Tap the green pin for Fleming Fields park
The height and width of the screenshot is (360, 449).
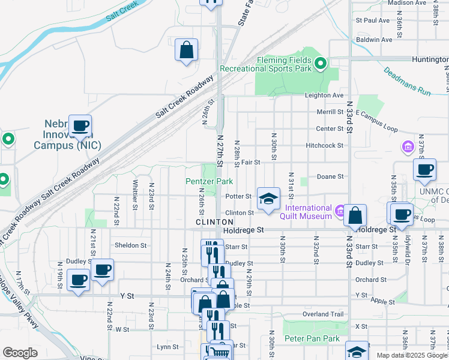tap(321, 62)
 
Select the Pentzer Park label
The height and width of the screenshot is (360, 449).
tap(208, 181)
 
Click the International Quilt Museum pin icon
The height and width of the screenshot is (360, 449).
tap(340, 211)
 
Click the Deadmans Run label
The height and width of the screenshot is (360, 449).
tap(408, 82)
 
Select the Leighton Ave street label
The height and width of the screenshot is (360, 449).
tap(324, 95)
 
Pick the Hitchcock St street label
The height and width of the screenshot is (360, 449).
tap(324, 145)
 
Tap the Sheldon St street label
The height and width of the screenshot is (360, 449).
tap(131, 245)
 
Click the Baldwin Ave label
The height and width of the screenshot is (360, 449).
tap(374, 40)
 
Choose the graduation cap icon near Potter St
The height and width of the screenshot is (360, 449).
tap(268, 199)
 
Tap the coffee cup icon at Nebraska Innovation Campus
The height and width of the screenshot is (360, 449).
tap(80, 126)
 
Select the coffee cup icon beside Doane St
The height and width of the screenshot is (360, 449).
tap(424, 169)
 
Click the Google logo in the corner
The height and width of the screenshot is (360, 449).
tap(20, 353)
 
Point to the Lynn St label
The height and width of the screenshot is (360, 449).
tap(167, 347)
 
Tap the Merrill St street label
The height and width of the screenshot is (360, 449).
tap(330, 112)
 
